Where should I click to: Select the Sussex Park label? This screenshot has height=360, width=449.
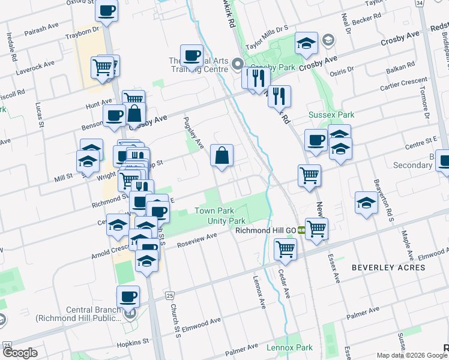coord(331,115)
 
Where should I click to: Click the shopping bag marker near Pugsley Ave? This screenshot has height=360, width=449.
coord(222,156)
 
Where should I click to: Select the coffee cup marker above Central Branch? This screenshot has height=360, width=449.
coord(128,296)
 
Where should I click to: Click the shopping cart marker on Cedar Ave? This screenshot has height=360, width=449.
coord(286,248)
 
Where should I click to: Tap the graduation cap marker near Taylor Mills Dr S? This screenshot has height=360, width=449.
coord(306,43)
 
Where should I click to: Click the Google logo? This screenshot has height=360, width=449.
coord(20,353)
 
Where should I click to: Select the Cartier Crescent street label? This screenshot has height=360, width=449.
coord(403,83)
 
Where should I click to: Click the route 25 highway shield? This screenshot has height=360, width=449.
coord(170,296)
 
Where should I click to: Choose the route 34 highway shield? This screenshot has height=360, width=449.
coord(419,3)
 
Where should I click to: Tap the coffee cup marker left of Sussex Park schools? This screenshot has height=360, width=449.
coord(316,140)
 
